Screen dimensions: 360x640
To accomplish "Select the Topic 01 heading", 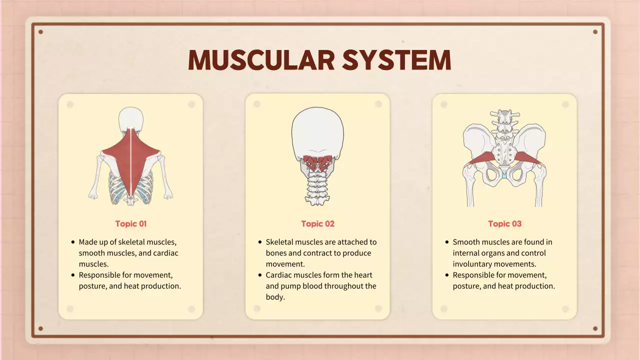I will [131, 224].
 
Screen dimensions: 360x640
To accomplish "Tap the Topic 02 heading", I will [318, 224].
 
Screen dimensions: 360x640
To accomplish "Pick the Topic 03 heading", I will [505, 224].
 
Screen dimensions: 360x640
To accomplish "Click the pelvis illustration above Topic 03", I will [505, 160].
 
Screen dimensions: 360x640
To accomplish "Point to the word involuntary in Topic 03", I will [473, 264].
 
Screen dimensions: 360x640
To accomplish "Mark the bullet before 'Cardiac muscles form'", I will [260, 275].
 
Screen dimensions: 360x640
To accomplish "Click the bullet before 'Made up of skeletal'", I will [73, 242].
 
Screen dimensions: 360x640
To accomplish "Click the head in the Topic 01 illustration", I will [131, 120].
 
